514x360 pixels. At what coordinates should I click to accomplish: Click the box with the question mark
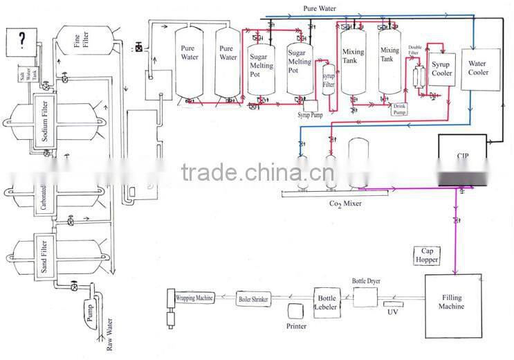[22, 42]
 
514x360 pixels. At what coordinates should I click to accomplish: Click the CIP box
[461, 159]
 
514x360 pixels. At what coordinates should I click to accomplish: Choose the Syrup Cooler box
[442, 69]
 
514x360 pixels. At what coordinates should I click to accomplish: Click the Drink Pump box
[400, 108]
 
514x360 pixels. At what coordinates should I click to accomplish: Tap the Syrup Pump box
[309, 110]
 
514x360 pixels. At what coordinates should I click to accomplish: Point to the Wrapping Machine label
[194, 298]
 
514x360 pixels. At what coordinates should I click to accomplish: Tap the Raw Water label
[109, 336]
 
